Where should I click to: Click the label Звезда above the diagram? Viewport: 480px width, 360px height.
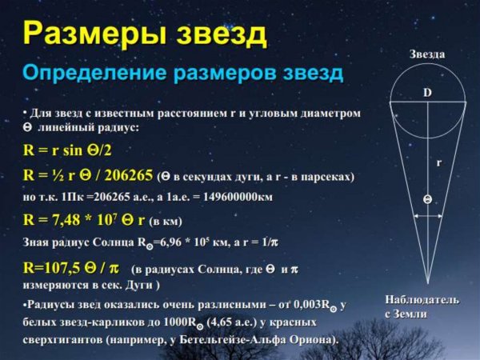427,54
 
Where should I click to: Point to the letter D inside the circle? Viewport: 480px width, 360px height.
427,94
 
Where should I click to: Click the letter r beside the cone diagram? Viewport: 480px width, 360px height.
438,162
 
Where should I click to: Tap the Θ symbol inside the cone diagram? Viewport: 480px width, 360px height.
427,198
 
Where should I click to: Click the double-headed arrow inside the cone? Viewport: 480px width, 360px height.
427,214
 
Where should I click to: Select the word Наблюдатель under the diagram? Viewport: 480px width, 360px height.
422,299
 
